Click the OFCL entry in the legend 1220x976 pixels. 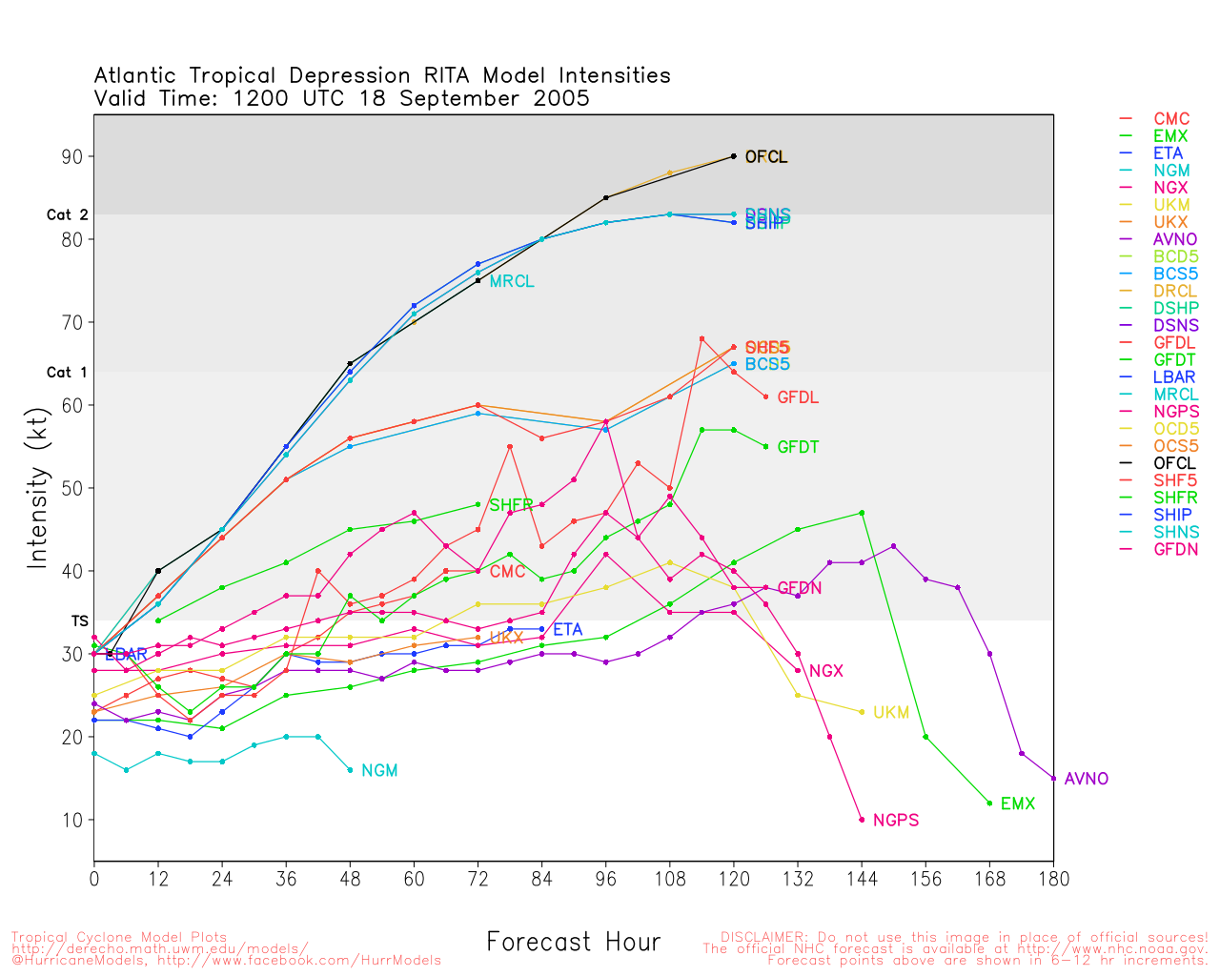1173,463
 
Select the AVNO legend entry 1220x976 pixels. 1174,239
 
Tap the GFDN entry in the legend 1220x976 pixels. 1175,549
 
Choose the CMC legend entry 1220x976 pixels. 1171,119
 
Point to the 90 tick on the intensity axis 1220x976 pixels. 72,156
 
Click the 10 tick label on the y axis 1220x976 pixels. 72,820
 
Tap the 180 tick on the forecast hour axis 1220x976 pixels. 1053,879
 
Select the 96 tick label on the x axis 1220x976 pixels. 606,879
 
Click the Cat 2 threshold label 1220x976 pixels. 67,215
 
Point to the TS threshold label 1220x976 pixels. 80,621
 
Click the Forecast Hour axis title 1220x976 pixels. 573,943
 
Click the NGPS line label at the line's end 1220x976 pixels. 895,821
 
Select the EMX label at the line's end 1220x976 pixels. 1017,804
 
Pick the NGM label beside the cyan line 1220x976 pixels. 379,771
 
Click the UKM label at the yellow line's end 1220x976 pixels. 891,713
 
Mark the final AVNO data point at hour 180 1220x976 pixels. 1053,779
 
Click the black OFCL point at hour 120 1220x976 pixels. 734,156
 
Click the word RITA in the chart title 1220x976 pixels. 443,76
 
